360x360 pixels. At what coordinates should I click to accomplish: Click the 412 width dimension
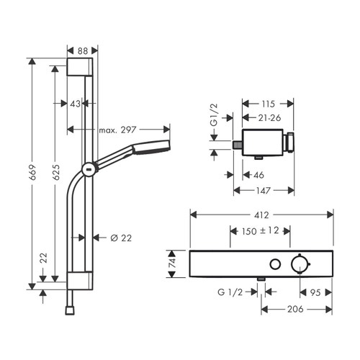(x=262, y=213)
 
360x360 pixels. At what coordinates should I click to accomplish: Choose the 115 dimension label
(x=267, y=103)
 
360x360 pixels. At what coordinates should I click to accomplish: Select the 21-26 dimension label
(x=267, y=117)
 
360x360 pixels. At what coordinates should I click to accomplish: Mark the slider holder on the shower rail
(x=87, y=170)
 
